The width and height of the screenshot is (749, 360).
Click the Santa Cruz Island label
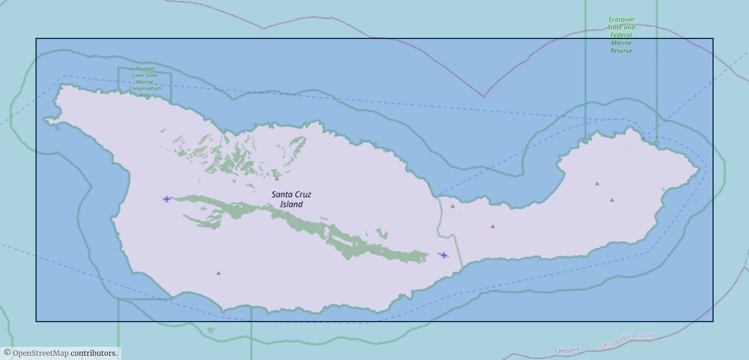coord(291,199)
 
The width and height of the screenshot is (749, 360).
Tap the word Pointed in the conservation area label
coord(145,69)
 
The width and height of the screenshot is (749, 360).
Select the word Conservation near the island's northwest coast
coord(145,88)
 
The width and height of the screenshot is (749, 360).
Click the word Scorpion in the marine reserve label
coord(621,20)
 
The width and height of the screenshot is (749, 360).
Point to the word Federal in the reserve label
coord(621,35)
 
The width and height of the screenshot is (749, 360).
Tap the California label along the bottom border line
coord(567,350)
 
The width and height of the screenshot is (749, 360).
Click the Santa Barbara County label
coord(627,340)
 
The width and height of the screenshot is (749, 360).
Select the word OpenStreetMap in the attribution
coord(40,353)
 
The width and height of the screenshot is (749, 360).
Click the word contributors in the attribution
coord(93,353)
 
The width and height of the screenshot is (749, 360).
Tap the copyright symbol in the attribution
coord(7,353)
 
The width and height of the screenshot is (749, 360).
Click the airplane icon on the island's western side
coord(167,199)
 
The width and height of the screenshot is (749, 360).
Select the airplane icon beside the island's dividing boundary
coord(444,255)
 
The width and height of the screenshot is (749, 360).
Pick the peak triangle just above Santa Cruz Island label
coord(277,178)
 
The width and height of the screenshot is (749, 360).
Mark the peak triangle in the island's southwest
coord(218,273)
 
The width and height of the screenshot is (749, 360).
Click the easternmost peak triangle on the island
coord(612,200)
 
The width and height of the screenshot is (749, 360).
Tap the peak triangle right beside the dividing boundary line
coord(453,206)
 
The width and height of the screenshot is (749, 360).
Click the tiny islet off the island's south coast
coord(210,329)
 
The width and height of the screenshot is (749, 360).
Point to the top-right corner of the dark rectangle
coord(713,39)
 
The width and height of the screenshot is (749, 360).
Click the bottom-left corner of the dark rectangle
coord(36,322)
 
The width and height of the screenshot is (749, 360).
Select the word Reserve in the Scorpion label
coord(621,51)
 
